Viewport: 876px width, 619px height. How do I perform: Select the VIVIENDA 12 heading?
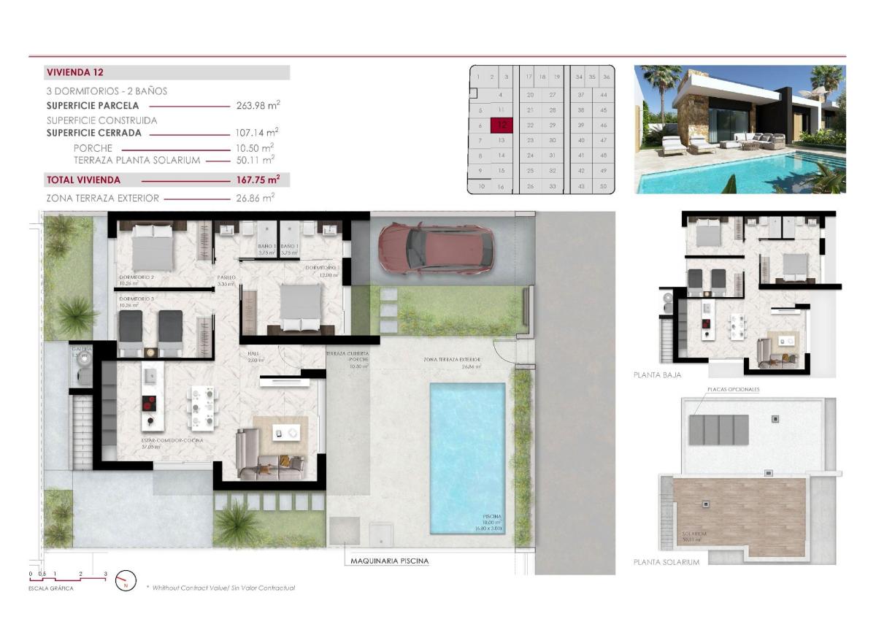click(74, 72)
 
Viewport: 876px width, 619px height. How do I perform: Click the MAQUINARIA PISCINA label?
click(389, 561)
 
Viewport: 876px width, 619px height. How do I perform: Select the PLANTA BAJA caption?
click(657, 374)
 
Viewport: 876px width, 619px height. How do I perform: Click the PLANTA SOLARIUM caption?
click(666, 562)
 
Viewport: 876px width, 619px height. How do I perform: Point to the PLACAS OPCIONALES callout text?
click(732, 390)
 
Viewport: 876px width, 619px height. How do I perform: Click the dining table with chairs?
click(202, 407)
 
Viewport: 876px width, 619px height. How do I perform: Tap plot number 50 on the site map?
click(603, 187)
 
